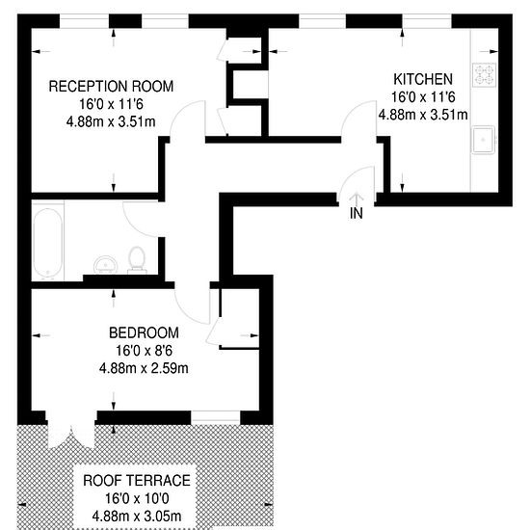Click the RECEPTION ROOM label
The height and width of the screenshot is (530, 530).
click(x=111, y=86)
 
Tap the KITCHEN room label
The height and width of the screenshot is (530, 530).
click(x=422, y=78)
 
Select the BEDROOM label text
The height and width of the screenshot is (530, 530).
click(x=144, y=332)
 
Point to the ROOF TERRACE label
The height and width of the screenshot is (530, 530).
click(x=136, y=479)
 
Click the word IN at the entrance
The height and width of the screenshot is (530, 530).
click(x=357, y=213)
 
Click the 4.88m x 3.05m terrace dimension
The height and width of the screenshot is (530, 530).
click(x=136, y=516)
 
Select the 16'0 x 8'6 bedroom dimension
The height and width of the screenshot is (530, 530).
click(x=144, y=350)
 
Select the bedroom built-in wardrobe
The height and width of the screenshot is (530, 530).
click(x=239, y=318)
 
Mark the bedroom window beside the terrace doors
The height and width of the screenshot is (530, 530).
click(x=215, y=417)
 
